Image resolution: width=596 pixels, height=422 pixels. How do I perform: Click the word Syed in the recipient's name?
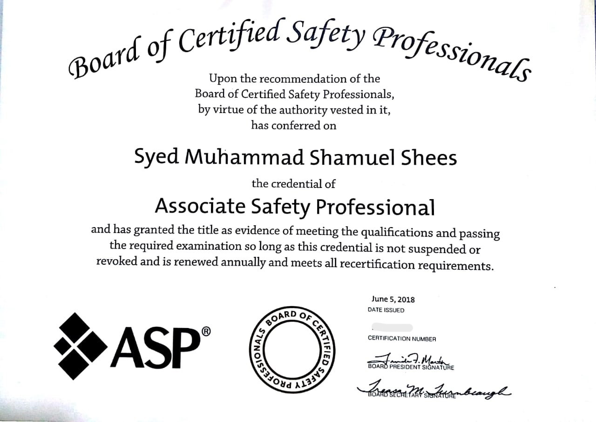(156, 157)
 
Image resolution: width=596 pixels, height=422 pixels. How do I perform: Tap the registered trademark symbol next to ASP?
(206, 331)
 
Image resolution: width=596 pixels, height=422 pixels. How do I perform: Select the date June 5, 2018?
(393, 300)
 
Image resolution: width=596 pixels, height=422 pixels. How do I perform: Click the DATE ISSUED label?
(386, 310)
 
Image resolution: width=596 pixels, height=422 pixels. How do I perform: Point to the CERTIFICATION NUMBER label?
(402, 339)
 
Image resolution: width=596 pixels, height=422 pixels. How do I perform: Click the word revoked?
(117, 261)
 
